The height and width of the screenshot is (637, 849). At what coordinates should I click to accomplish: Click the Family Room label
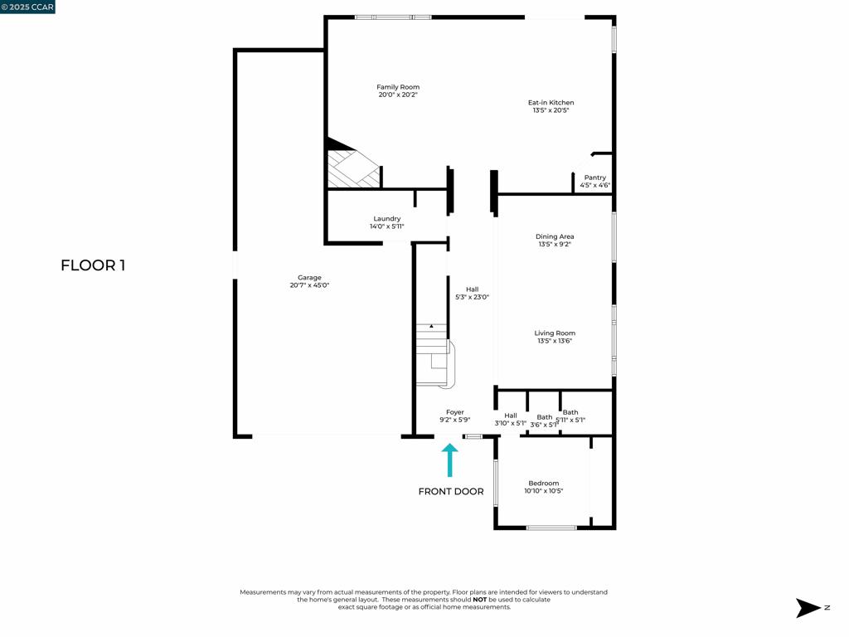click(398, 87)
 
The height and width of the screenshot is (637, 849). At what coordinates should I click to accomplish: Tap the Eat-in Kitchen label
click(551, 103)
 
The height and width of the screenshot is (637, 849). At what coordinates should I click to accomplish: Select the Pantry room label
click(594, 177)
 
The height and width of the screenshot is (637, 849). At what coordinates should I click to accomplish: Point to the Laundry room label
click(386, 219)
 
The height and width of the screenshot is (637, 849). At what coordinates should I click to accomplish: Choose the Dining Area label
click(555, 236)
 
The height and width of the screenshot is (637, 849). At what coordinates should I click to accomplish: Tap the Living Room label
click(555, 333)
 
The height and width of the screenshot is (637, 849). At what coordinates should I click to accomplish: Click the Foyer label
click(454, 412)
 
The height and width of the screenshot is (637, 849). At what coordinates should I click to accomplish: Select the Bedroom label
click(544, 484)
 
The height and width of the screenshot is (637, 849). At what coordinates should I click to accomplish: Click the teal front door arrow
click(449, 460)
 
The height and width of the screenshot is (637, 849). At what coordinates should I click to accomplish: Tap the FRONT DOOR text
click(450, 492)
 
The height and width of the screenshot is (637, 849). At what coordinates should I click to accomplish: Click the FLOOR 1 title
click(93, 265)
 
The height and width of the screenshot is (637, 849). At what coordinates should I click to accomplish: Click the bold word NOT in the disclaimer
click(479, 599)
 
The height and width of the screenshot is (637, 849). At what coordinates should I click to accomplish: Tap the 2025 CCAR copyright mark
click(27, 7)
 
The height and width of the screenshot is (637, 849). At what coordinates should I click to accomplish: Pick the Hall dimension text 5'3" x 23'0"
click(472, 297)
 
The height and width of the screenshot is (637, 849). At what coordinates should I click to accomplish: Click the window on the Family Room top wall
click(392, 17)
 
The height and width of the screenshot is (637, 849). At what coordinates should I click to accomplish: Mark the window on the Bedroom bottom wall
click(551, 528)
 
